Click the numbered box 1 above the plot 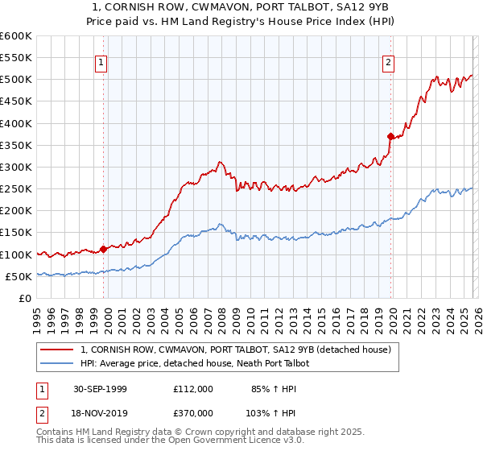(x=101, y=62)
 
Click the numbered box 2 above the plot (x=388, y=62)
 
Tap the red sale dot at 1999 (x=103, y=249)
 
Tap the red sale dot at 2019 (x=390, y=136)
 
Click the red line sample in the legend (x=58, y=350)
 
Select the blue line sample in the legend (x=58, y=363)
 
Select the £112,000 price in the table (x=192, y=388)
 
